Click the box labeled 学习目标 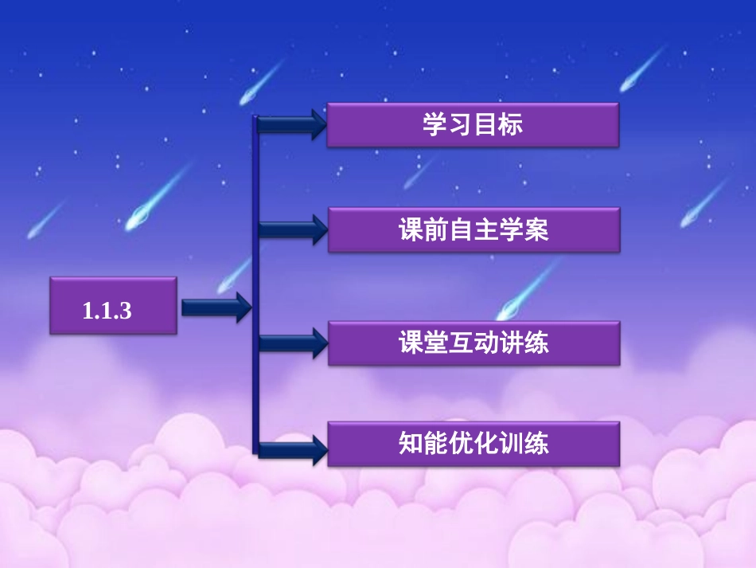(473, 125)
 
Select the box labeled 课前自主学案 (473, 230)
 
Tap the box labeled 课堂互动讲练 (473, 343)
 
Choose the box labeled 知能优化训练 (473, 444)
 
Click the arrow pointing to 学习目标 (291, 124)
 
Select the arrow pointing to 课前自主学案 (291, 230)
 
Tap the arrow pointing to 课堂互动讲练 (291, 343)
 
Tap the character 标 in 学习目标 (511, 125)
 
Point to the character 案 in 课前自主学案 (536, 231)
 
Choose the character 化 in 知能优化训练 (486, 444)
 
